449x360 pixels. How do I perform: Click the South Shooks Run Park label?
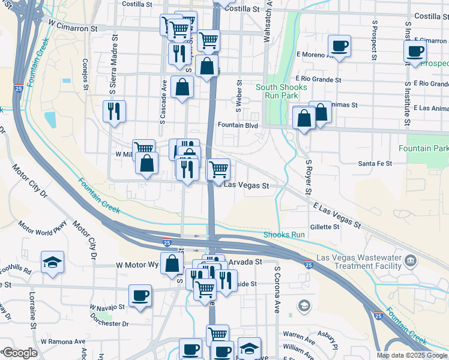(282, 91)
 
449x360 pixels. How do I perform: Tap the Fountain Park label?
(427, 148)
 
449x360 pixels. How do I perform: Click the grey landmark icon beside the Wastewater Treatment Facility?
(411, 260)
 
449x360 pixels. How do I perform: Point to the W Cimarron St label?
(73, 28)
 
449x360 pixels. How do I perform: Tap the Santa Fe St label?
(375, 163)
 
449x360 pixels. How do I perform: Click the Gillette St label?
(325, 227)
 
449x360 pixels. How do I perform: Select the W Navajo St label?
(107, 306)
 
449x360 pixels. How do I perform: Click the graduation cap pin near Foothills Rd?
(53, 262)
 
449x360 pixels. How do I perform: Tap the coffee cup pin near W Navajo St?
(140, 296)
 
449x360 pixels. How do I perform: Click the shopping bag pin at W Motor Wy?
(172, 263)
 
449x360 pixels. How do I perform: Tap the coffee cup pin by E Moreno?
(339, 46)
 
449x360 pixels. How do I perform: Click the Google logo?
(20, 353)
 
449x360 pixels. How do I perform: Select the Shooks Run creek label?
(285, 235)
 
